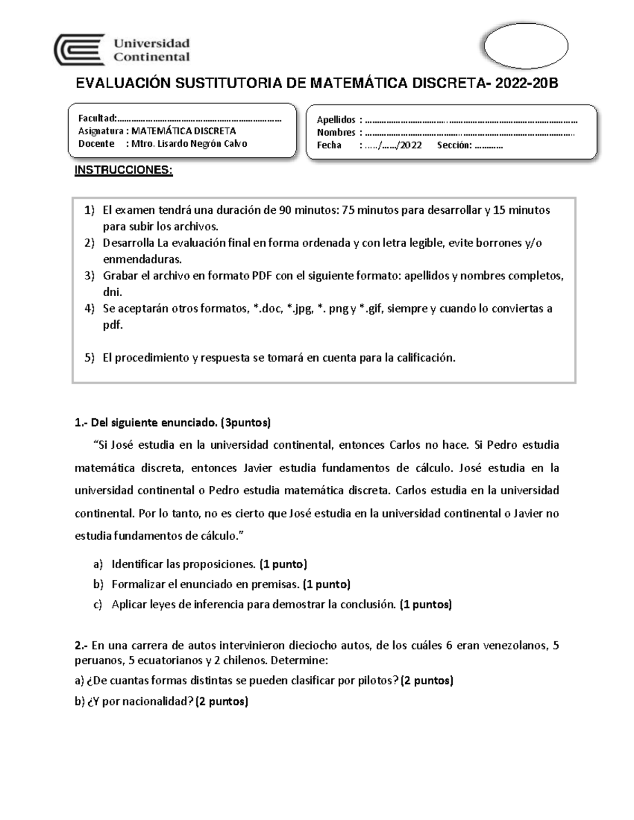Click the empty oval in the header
(x=526, y=46)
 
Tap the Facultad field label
(x=97, y=118)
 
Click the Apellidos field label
(x=336, y=120)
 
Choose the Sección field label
(x=454, y=145)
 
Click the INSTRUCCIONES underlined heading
(x=123, y=170)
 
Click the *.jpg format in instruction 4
(x=299, y=308)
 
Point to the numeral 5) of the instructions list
(x=89, y=357)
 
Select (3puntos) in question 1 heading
(x=246, y=422)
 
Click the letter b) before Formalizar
(x=98, y=585)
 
